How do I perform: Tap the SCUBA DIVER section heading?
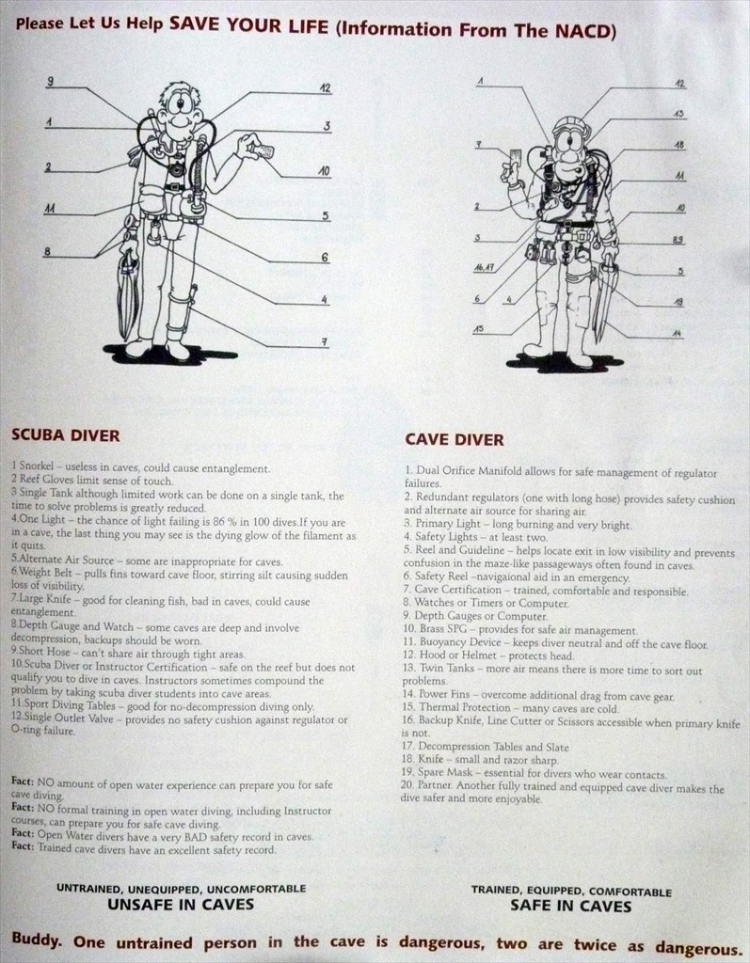(66, 435)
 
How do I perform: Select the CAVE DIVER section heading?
(455, 440)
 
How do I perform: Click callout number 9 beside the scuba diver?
(51, 81)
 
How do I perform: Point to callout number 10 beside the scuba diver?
(324, 171)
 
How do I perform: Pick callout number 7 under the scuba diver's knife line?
(325, 342)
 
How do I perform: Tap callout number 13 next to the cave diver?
(678, 114)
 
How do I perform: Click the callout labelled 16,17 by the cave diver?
(484, 268)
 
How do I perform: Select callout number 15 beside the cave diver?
(478, 328)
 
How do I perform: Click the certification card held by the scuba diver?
(263, 150)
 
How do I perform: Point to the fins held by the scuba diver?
(128, 294)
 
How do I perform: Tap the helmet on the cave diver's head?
(571, 127)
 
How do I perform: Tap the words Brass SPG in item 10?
(446, 629)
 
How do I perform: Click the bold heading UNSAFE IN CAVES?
(181, 905)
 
